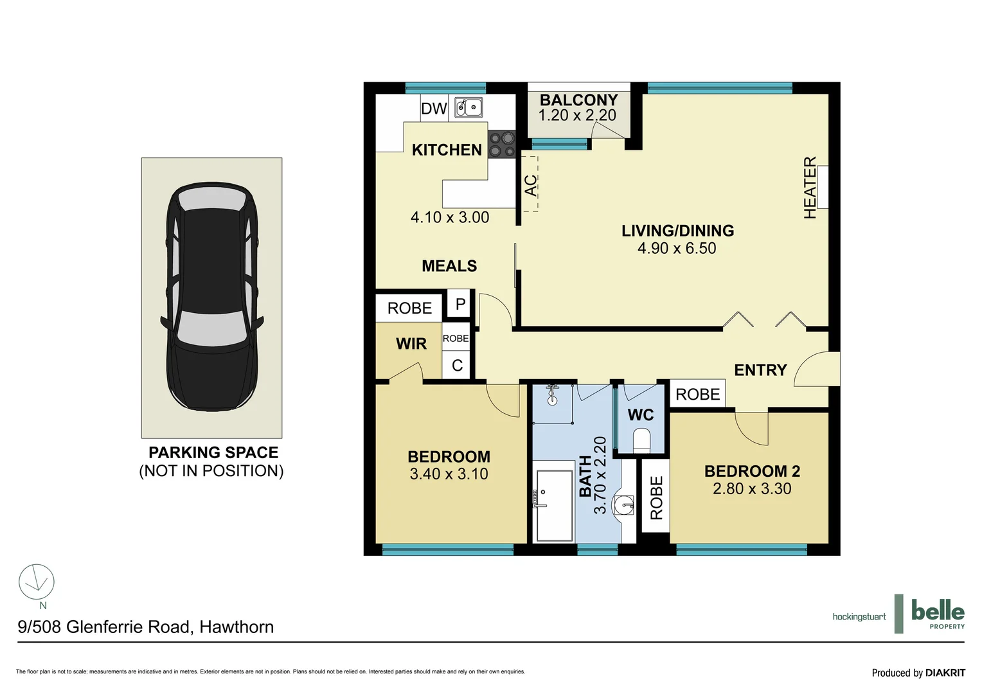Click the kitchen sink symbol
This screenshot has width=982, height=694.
[469, 107]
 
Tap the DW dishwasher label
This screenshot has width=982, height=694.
[434, 109]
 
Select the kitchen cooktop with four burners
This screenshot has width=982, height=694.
[501, 144]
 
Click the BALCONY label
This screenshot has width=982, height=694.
[578, 100]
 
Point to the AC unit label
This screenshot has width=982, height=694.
[530, 186]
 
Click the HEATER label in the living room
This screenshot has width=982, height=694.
[810, 188]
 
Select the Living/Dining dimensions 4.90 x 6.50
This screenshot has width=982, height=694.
[677, 249]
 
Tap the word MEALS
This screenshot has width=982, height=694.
[449, 266]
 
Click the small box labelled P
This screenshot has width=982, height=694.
[460, 305]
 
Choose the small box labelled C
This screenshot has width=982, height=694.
[457, 366]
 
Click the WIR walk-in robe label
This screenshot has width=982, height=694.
[411, 344]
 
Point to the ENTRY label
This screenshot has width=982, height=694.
[760, 370]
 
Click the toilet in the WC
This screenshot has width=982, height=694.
[642, 441]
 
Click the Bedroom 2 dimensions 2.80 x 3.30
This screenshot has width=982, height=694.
[752, 489]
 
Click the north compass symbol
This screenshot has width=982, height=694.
[37, 582]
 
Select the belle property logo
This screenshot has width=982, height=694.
[937, 614]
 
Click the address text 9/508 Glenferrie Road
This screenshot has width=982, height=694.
[145, 627]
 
